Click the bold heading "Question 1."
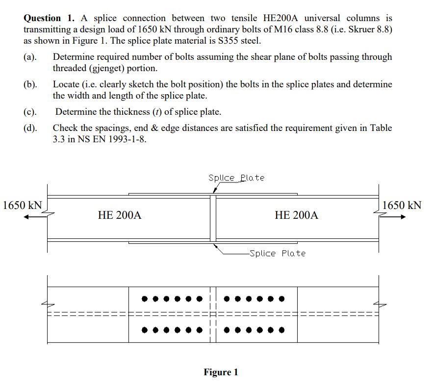pyautogui.click(x=49, y=18)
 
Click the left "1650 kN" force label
pyautogui.click(x=23, y=205)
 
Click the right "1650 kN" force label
pyautogui.click(x=402, y=205)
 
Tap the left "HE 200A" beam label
pyautogui.click(x=120, y=215)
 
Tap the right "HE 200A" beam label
pyautogui.click(x=296, y=215)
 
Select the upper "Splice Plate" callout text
pyautogui.click(x=236, y=178)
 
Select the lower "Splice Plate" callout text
pyautogui.click(x=278, y=253)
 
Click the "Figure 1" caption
pyautogui.click(x=221, y=372)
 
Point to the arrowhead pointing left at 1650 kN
pyautogui.click(x=26, y=217)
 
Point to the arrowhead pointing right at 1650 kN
pyautogui.click(x=403, y=217)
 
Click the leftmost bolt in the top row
pyautogui.click(x=145, y=299)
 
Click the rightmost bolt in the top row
pyautogui.click(x=281, y=299)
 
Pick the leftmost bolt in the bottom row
pyautogui.click(x=145, y=330)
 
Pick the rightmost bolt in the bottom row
pyautogui.click(x=281, y=330)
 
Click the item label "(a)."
pyautogui.click(x=30, y=57)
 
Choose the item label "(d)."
pyautogui.click(x=30, y=128)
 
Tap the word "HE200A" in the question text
pyautogui.click(x=280, y=18)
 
